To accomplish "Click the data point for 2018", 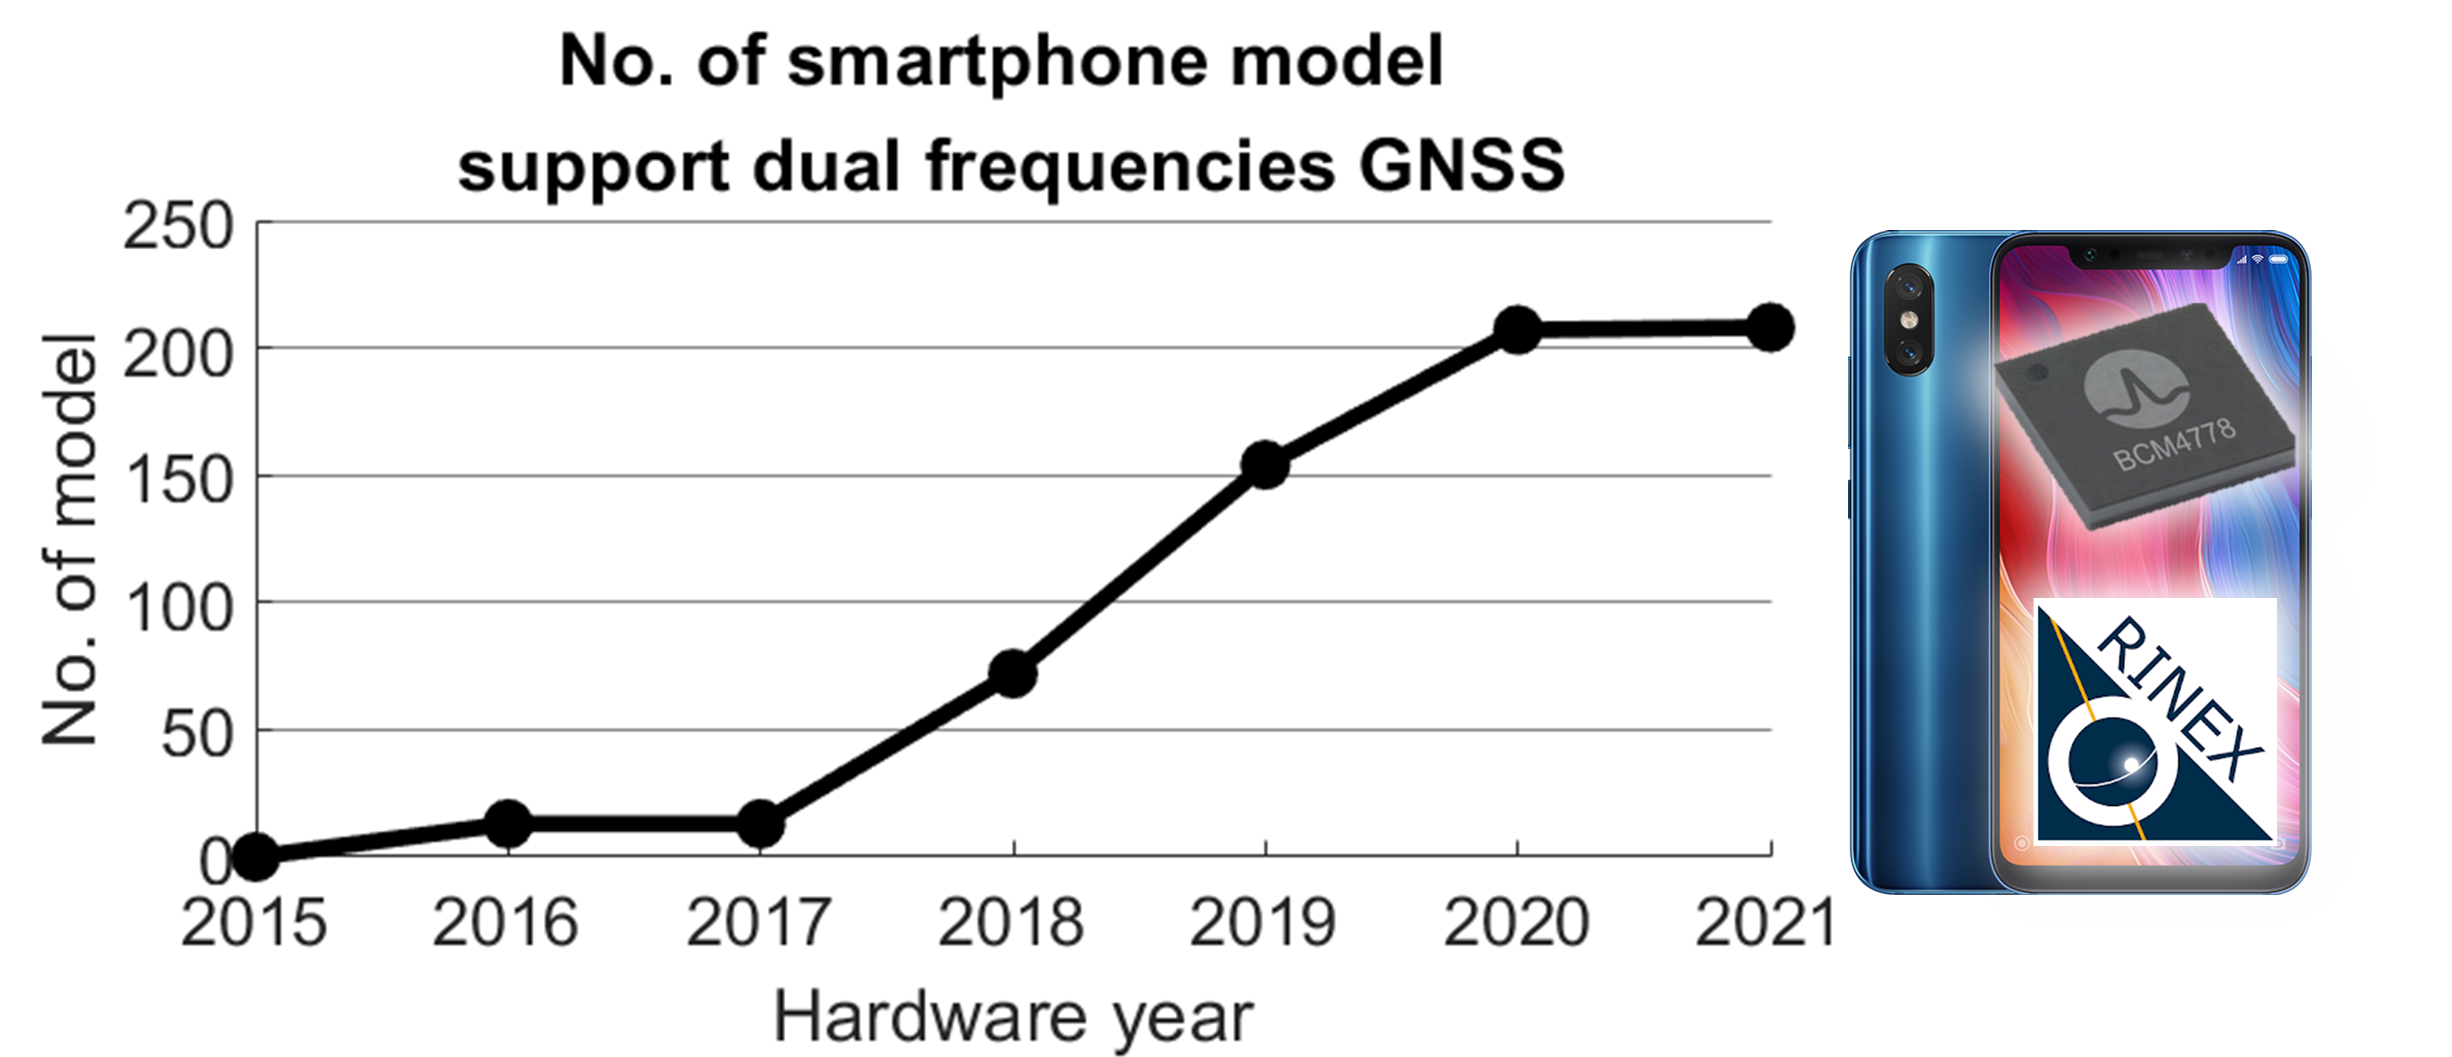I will tap(1013, 673).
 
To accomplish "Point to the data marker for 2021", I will tap(1770, 328).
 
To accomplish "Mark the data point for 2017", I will tap(761, 824).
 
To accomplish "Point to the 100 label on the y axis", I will tap(178, 609).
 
